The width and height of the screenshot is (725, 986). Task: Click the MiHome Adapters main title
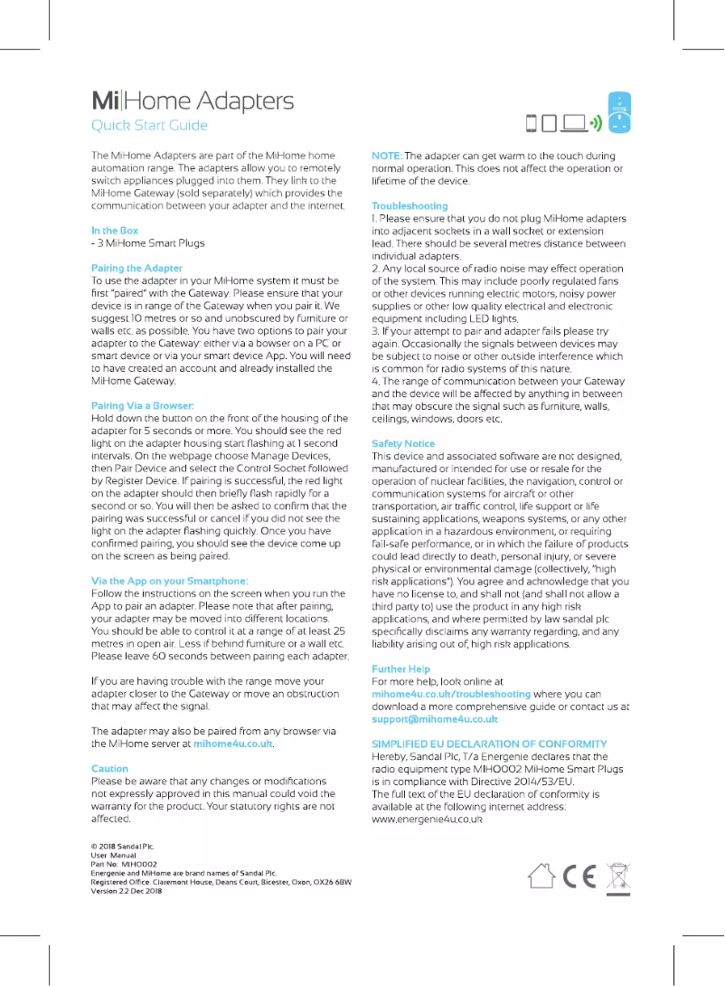pos(193,100)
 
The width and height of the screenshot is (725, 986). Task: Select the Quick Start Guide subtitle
pos(150,126)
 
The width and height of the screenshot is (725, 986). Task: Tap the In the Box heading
pos(115,231)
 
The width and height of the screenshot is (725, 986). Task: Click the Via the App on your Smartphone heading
pos(170,581)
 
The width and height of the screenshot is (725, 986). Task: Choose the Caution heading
pos(110,768)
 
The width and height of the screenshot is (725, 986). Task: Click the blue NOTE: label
pos(386,156)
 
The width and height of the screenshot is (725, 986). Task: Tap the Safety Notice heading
pos(403,443)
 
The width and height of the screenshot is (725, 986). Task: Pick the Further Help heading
pos(401,668)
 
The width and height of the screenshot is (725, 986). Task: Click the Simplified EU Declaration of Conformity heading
pos(489,744)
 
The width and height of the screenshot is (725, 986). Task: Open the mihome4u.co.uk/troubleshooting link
pos(451,694)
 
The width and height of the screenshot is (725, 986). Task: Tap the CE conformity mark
pos(579,876)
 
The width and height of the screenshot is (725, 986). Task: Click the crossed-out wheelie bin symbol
pos(617,877)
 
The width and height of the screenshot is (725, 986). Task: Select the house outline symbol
pos(541,876)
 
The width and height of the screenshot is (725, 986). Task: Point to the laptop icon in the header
pos(573,123)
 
